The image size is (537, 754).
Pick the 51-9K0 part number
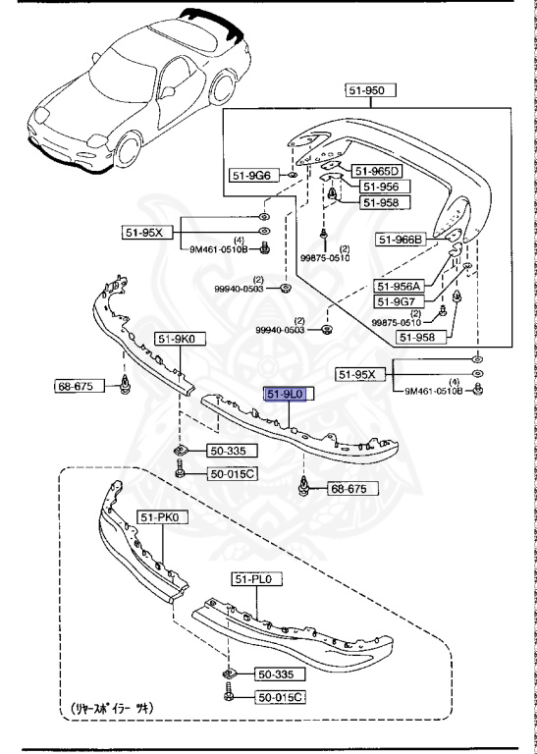point(176,339)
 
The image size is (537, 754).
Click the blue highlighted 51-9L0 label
point(287,393)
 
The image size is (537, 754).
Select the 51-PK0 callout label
point(163,516)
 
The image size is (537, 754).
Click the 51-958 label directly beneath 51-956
point(382,202)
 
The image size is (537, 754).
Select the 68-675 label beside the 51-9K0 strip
point(75,386)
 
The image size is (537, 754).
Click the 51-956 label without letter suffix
point(378,187)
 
